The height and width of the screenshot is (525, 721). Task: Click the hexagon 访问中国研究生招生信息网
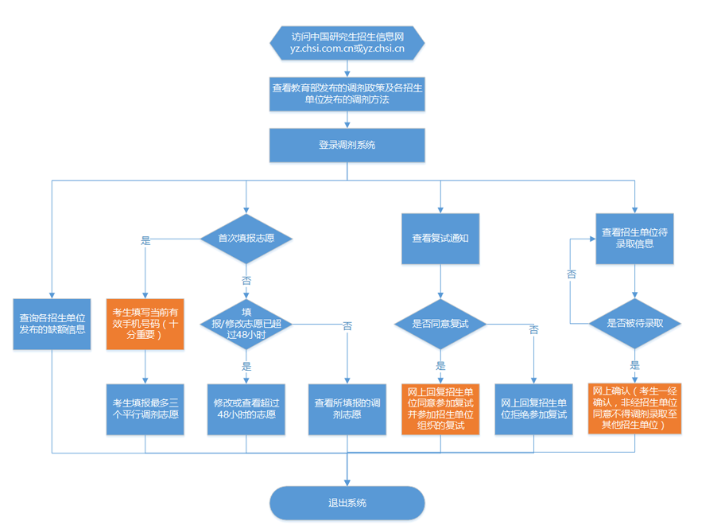[x=347, y=44]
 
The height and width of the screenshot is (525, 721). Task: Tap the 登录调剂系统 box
[x=347, y=145]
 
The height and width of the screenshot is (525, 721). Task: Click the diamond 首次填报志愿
[x=246, y=237]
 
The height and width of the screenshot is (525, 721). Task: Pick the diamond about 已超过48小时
[x=246, y=324]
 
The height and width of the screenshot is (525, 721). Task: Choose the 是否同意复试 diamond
[x=440, y=324]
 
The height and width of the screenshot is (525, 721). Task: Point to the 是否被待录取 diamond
[x=634, y=324]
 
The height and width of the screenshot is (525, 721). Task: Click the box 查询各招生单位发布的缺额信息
[x=52, y=324]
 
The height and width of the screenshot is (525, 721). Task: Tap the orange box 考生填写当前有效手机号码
[x=145, y=324]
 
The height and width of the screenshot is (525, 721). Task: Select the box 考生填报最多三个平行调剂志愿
[x=145, y=409]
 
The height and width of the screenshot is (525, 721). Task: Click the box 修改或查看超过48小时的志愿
[x=246, y=409]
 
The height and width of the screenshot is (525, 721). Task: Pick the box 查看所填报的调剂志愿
[x=347, y=409]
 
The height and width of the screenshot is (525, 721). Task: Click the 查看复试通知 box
[x=440, y=237]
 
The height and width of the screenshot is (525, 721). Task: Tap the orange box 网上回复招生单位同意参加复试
[x=440, y=409]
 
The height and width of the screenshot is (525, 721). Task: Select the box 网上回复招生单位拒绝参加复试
[x=533, y=409]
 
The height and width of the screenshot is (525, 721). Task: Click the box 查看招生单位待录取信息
[x=634, y=237]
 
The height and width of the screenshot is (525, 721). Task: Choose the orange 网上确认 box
[x=634, y=409]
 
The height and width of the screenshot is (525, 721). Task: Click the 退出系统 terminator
[x=347, y=503]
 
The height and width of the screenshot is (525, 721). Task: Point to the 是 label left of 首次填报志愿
[x=145, y=239]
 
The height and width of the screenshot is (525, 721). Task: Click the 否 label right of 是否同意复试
[x=533, y=329]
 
